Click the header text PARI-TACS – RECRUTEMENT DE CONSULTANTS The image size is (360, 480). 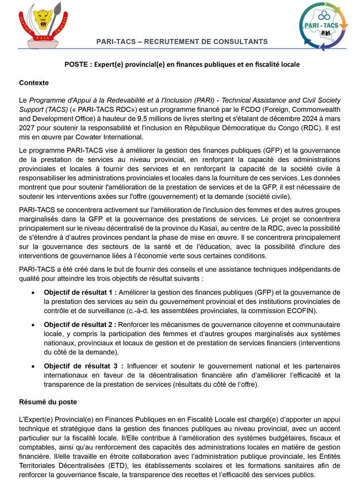tap(182, 41)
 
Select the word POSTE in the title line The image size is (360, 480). tap(76, 65)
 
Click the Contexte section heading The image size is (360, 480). tap(34, 83)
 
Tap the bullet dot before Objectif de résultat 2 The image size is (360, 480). tap(33, 325)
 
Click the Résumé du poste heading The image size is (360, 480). tap(48, 402)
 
